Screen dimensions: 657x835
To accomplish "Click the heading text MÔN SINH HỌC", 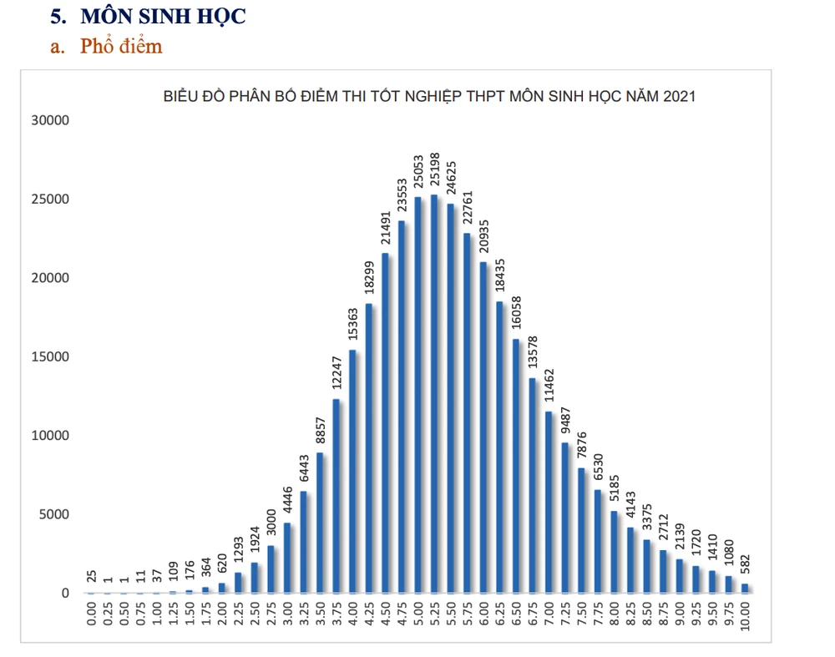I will pos(163,16).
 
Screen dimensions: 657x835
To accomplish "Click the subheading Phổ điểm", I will pos(121,46).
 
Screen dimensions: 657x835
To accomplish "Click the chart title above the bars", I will pos(428,96).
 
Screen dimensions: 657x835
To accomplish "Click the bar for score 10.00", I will pos(744,588).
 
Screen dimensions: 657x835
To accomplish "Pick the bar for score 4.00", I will pos(352,472).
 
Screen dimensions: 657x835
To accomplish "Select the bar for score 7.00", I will pos(548,502).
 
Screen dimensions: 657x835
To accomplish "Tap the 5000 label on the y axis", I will pos(55,514).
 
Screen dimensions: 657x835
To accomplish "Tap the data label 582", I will pos(745,565).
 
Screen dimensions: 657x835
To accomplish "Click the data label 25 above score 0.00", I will pos(91,576).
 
